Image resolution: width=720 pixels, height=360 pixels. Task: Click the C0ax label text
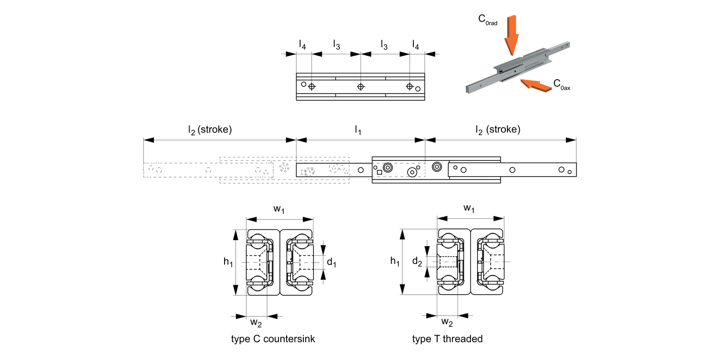[561, 85]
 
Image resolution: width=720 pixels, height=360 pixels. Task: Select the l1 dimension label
[358, 129]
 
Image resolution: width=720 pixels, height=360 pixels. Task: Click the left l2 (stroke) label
[210, 129]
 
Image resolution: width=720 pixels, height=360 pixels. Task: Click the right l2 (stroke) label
[498, 129]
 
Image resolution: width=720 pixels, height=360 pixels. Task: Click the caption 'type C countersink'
[273, 339]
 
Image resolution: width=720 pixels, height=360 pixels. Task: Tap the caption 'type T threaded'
[447, 339]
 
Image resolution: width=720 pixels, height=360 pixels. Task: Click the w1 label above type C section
[279, 209]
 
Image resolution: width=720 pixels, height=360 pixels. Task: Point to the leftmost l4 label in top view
[302, 45]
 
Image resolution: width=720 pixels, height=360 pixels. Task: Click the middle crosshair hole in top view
[360, 87]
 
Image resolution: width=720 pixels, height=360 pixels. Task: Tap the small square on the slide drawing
[379, 171]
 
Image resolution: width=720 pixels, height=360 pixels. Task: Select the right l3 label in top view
[384, 45]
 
